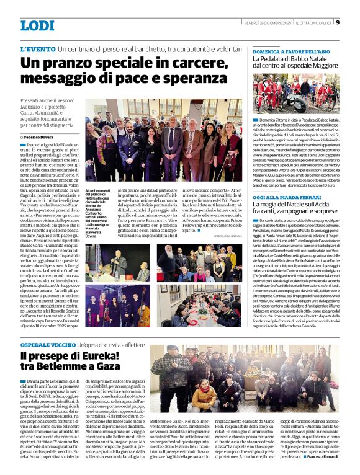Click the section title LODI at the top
pos(37,25)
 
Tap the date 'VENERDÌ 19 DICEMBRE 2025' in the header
pos(267,22)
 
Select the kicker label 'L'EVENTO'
pos(38,48)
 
